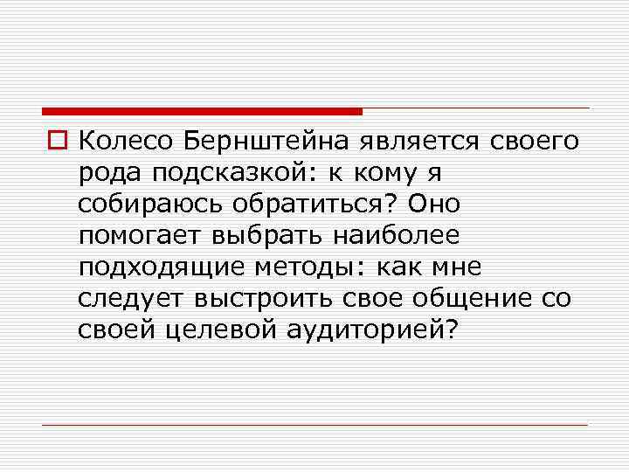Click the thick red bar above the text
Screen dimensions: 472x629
pyautogui.click(x=202, y=111)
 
